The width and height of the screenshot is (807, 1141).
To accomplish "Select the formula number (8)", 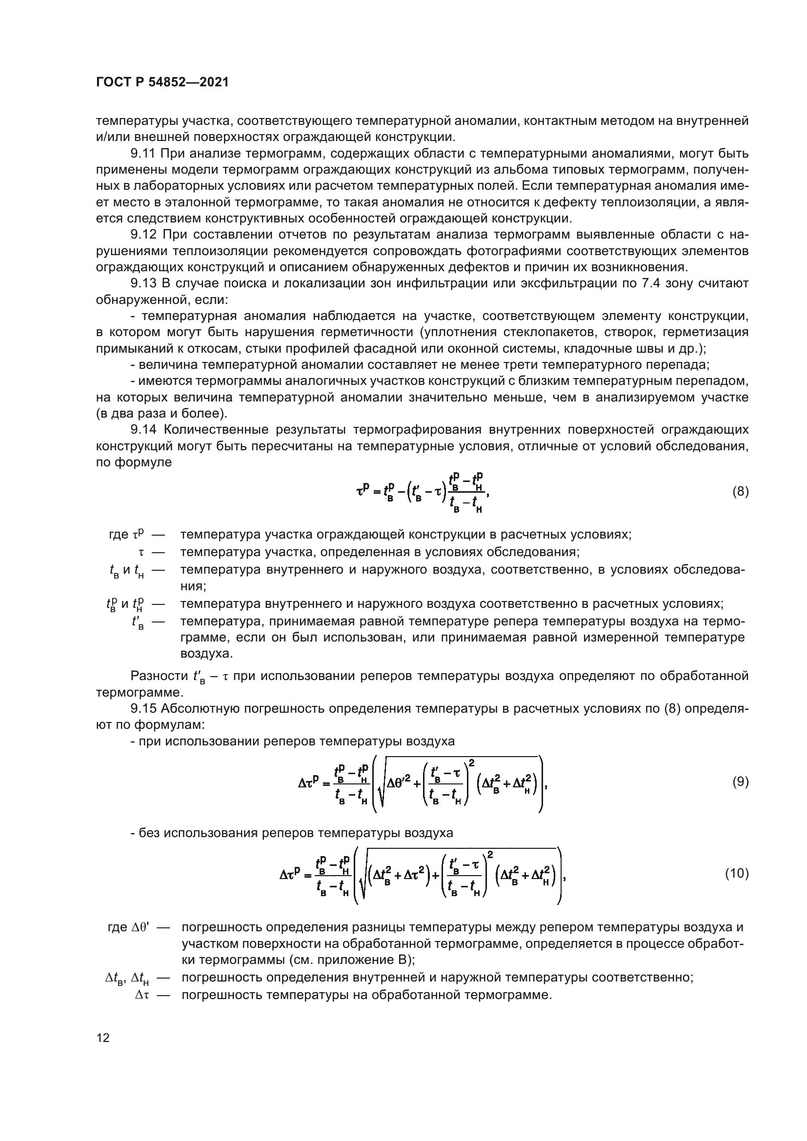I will point(740,492).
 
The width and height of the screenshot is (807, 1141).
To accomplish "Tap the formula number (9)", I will point(740,782).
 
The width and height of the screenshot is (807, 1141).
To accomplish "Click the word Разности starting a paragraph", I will point(159,676).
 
